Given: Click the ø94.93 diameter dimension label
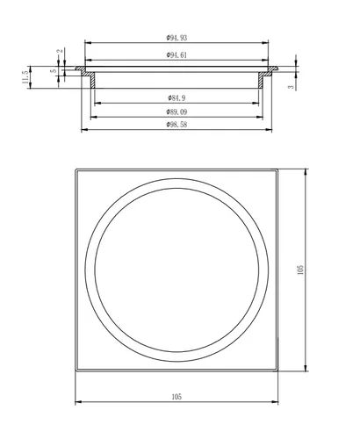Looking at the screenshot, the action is [176, 38].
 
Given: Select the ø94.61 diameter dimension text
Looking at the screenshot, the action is [176, 55].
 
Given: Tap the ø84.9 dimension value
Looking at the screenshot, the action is [176, 97].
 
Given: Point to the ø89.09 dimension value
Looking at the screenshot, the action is [176, 112].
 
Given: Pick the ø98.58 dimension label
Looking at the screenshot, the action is [176, 125].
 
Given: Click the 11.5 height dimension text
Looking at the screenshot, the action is [25, 77].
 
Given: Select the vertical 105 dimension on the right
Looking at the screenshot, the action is [300, 270].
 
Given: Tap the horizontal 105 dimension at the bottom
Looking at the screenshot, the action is [176, 397].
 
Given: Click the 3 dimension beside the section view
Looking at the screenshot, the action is [291, 87].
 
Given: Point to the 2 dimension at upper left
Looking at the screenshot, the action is [61, 51].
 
